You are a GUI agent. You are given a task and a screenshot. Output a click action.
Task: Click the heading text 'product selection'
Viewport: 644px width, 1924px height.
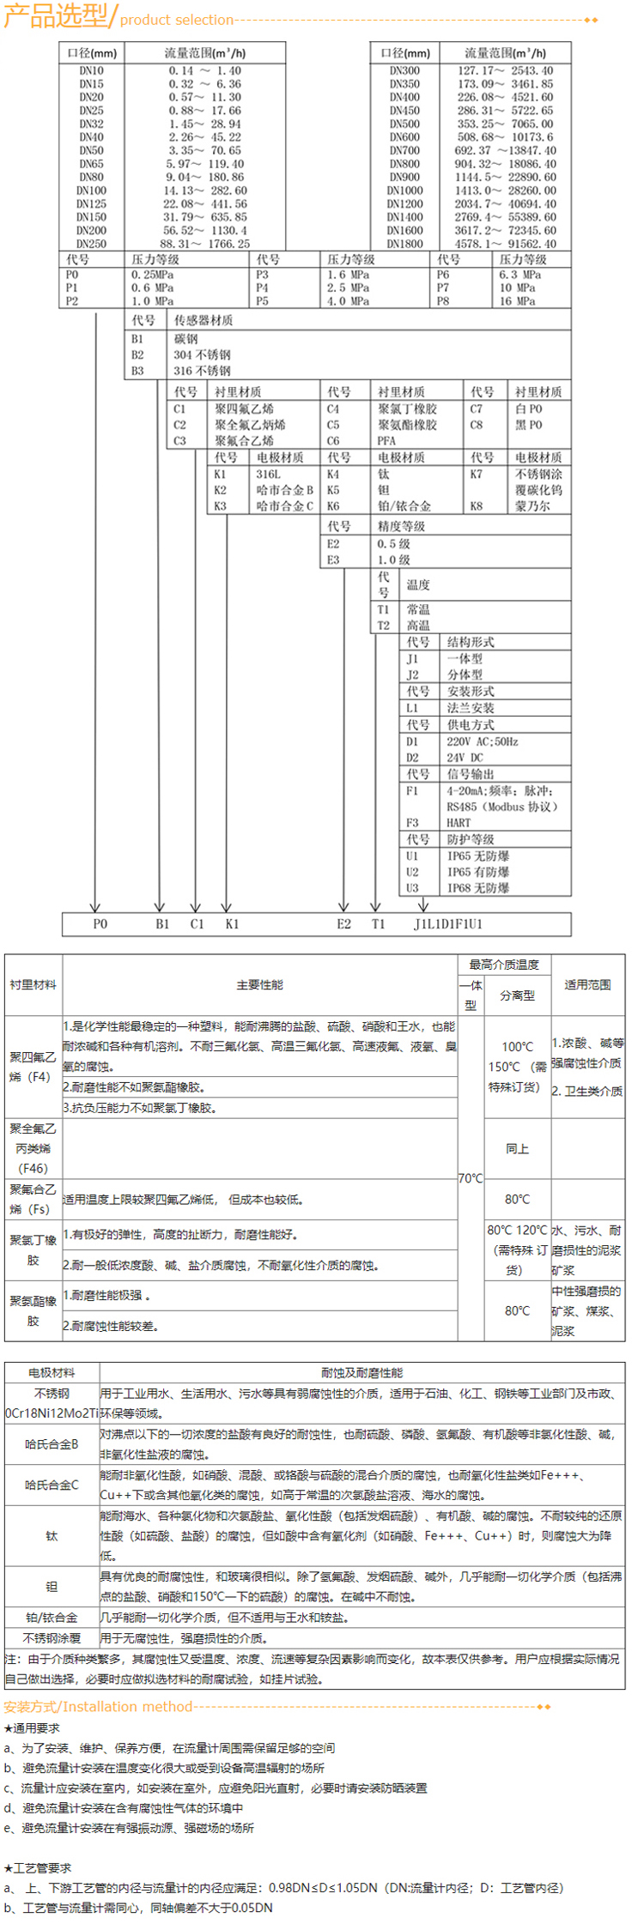coord(177,20)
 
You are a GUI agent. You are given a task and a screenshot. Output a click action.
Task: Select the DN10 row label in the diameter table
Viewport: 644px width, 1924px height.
coord(91,71)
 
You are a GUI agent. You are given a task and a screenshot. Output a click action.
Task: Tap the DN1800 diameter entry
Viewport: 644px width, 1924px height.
coord(404,244)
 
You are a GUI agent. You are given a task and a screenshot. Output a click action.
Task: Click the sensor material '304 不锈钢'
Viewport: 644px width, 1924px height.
coord(202,354)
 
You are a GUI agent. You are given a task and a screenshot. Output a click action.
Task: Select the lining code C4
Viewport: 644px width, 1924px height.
coord(333,408)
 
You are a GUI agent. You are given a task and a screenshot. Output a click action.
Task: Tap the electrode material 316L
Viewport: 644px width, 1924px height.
coord(268,474)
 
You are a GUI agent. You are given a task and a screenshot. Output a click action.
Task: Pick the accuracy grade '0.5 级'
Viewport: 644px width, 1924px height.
coord(393,543)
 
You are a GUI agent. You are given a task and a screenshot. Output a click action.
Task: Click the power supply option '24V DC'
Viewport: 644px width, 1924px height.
coord(465,758)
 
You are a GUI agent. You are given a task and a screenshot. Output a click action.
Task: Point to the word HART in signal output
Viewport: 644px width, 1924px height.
coord(459,822)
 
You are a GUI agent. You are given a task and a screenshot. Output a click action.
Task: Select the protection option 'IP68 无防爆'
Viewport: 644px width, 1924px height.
coord(477,888)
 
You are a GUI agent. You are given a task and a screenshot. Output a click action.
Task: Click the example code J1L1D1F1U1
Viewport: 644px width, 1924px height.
coord(447,924)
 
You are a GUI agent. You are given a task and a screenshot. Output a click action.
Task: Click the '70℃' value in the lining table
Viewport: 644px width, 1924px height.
coord(471,1178)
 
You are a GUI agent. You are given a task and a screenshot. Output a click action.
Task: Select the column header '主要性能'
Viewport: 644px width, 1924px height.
coord(259,984)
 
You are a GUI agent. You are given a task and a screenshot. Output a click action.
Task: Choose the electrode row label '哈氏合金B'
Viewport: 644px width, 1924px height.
coord(52,1445)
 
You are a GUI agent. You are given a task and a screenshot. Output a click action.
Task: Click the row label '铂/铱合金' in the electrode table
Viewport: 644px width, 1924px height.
coord(52,1617)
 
